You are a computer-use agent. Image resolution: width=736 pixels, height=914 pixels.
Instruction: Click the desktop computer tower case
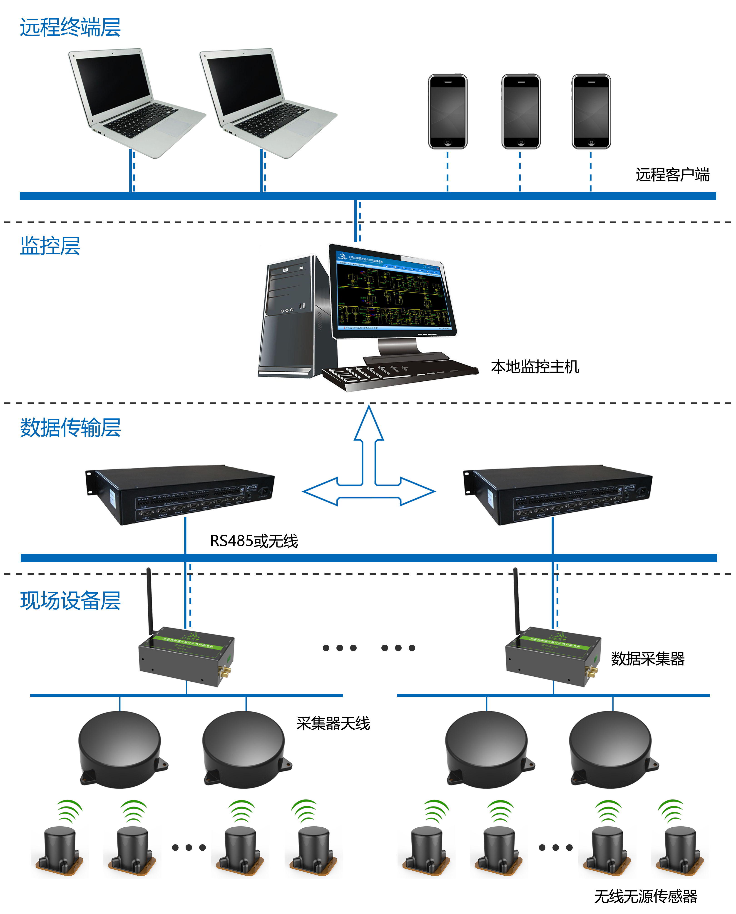(x=293, y=318)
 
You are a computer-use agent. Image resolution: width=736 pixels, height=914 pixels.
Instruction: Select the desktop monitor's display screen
(x=392, y=293)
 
